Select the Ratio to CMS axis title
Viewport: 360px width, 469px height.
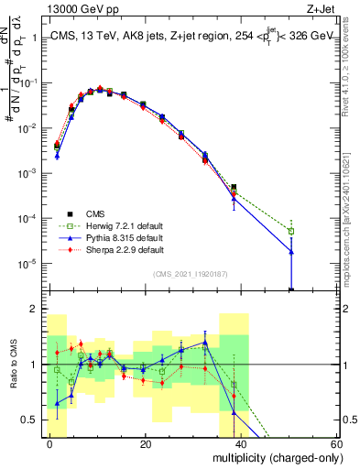pos(13,372)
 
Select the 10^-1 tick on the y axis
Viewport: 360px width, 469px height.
pos(27,83)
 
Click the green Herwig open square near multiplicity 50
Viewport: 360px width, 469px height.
pos(291,231)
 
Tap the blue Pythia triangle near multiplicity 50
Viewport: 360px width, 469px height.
pos(291,252)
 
